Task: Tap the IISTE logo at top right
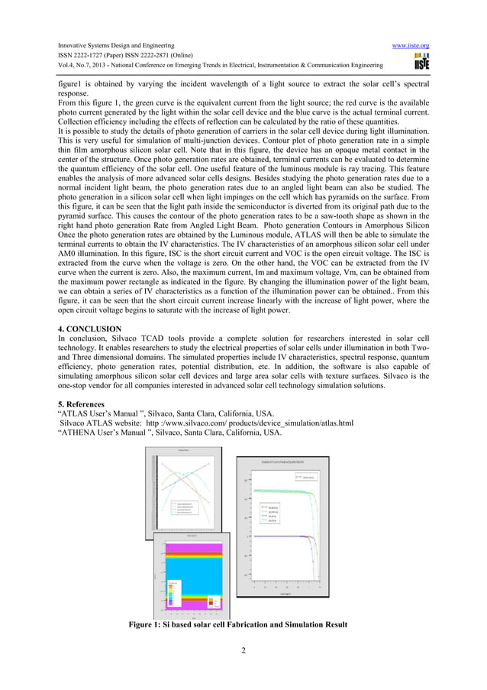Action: pyautogui.click(x=421, y=62)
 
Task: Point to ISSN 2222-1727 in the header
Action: pyautogui.click(x=85, y=57)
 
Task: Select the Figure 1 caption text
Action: pyautogui.click(x=238, y=624)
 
